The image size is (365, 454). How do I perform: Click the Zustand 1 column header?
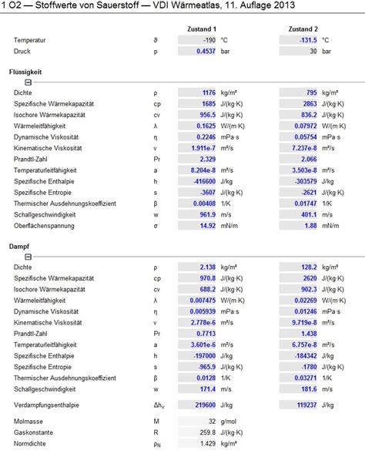click(x=202, y=29)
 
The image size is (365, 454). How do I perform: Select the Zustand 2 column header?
click(x=303, y=29)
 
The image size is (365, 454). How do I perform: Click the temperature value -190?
click(x=209, y=40)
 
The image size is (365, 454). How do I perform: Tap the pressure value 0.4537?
click(x=206, y=51)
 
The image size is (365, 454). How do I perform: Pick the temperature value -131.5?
click(x=308, y=40)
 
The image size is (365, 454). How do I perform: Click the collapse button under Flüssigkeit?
click(x=28, y=82)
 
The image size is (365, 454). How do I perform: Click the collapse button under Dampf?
click(x=28, y=257)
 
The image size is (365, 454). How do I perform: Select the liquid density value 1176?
click(x=209, y=92)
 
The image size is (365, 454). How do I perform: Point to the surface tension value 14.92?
click(x=208, y=226)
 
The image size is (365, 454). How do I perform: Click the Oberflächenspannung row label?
click(x=44, y=226)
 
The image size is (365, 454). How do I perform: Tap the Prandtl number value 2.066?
click(x=309, y=159)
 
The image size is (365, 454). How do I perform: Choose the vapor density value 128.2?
click(x=309, y=267)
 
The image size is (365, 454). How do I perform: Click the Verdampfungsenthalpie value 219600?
click(x=206, y=405)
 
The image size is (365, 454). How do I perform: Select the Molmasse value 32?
click(x=213, y=422)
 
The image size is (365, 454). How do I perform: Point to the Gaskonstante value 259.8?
click(x=208, y=432)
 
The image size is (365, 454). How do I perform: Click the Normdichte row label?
click(x=30, y=443)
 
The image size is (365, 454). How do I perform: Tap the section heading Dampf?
click(x=19, y=247)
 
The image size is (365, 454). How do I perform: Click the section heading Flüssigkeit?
click(x=25, y=72)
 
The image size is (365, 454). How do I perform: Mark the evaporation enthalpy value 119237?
click(x=306, y=405)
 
